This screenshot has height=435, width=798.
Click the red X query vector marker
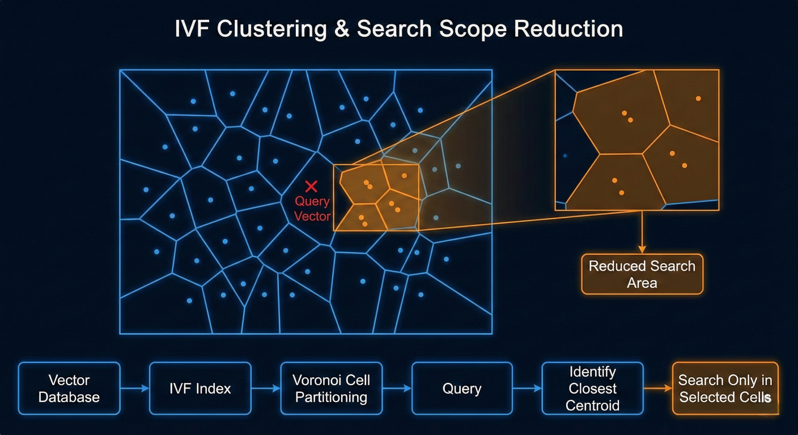[x=311, y=186]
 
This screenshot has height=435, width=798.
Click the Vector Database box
[x=69, y=389]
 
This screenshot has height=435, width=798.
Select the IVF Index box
[x=200, y=389]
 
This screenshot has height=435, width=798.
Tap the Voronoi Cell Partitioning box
[x=332, y=389]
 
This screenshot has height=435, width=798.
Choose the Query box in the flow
[x=462, y=389]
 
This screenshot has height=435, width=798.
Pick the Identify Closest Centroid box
[x=593, y=389]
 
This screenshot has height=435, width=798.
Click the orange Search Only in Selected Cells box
[x=725, y=389]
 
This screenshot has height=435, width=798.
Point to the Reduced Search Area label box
[x=642, y=274]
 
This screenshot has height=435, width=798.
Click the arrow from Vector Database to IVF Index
[x=135, y=389]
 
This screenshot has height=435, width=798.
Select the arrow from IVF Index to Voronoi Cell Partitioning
[x=266, y=389]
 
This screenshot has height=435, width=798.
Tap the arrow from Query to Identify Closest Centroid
[x=528, y=389]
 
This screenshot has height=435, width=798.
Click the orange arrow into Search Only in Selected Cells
[x=658, y=389]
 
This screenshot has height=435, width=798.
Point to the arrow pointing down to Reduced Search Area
[x=642, y=232]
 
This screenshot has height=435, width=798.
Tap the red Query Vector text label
[x=312, y=208]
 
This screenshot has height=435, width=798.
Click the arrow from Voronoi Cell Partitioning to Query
[x=397, y=389]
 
